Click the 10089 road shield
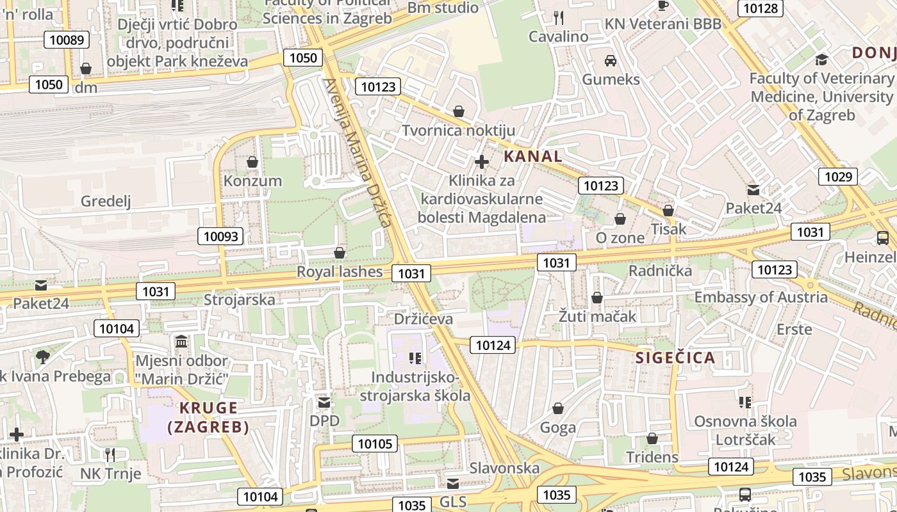pyautogui.click(x=67, y=40)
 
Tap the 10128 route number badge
pyautogui.click(x=761, y=8)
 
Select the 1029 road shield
pyautogui.click(x=838, y=177)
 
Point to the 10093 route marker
pyautogui.click(x=221, y=236)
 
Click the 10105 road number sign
pyautogui.click(x=375, y=444)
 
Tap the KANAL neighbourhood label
pyautogui.click(x=532, y=156)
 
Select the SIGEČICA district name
pyautogui.click(x=675, y=358)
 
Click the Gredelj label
pyautogui.click(x=106, y=202)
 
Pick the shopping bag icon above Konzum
pyautogui.click(x=252, y=162)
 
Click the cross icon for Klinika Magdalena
pyautogui.click(x=482, y=162)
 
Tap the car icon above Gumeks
pyautogui.click(x=611, y=61)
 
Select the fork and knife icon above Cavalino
pyautogui.click(x=559, y=17)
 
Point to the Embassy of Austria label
pyautogui.click(x=761, y=297)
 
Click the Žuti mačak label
pyautogui.click(x=597, y=316)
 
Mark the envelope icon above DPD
pyautogui.click(x=324, y=403)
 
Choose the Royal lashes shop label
pyautogui.click(x=340, y=272)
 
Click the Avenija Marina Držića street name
pyautogui.click(x=357, y=152)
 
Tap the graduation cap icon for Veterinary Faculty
pyautogui.click(x=821, y=60)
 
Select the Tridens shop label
pyautogui.click(x=652, y=457)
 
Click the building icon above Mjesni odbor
pyautogui.click(x=181, y=341)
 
